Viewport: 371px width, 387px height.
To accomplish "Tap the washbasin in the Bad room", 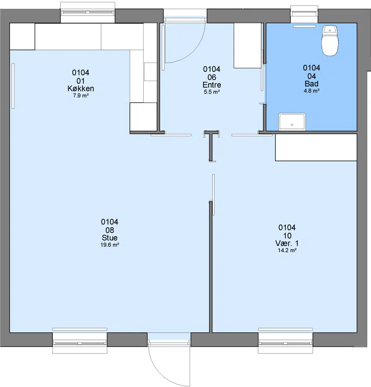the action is point(292,122).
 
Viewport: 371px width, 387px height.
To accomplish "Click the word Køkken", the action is point(81,89).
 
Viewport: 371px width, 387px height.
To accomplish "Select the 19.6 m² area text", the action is point(109,245).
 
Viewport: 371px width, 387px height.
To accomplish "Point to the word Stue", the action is point(109,238).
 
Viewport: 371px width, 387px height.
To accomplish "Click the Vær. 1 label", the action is point(287,243).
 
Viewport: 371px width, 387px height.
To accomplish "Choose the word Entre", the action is point(211,85).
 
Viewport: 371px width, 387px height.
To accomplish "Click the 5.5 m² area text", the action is point(211,92).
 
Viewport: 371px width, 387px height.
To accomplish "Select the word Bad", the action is point(312,84).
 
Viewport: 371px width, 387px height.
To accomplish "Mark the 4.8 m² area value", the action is point(312,91).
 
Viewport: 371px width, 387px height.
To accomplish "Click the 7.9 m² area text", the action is point(81,95).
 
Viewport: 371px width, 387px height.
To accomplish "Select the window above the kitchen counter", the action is point(88,13).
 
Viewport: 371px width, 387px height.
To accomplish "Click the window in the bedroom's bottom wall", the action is point(285,343).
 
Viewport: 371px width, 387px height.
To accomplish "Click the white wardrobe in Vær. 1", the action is point(316,147).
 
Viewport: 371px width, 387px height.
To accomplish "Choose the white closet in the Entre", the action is point(248,45).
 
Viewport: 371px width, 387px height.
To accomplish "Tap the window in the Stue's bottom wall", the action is point(80,343).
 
